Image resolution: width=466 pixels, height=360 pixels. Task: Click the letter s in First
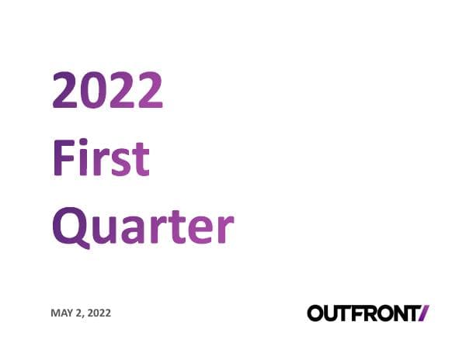tap(120, 160)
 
